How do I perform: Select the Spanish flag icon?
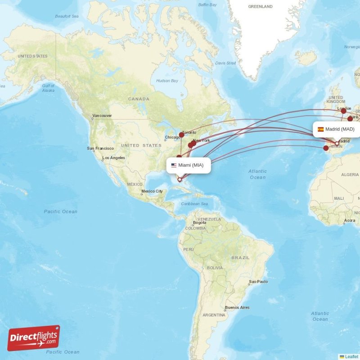tap(321, 129)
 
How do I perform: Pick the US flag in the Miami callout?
tap(174, 165)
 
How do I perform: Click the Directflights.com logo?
tap(34, 338)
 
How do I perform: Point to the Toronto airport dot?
tap(181, 135)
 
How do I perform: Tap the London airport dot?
tap(344, 111)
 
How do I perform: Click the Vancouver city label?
tap(102, 116)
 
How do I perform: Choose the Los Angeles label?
tap(113, 157)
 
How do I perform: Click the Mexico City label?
tap(152, 191)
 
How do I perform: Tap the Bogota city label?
tap(199, 222)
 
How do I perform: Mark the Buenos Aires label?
tap(237, 307)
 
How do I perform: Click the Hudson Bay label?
tap(167, 81)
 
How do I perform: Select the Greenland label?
tap(261, 7)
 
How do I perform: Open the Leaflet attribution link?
tap(351, 356)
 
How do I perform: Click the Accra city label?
tap(349, 220)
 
